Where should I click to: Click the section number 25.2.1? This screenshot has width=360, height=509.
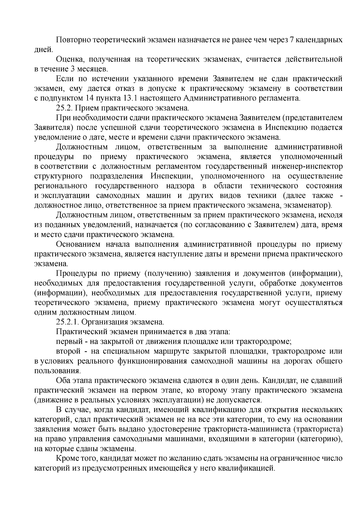[67, 322]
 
